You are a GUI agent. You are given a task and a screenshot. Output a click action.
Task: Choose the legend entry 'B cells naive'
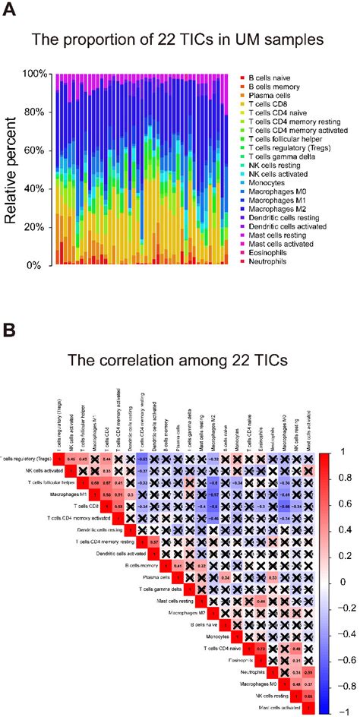(277, 77)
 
